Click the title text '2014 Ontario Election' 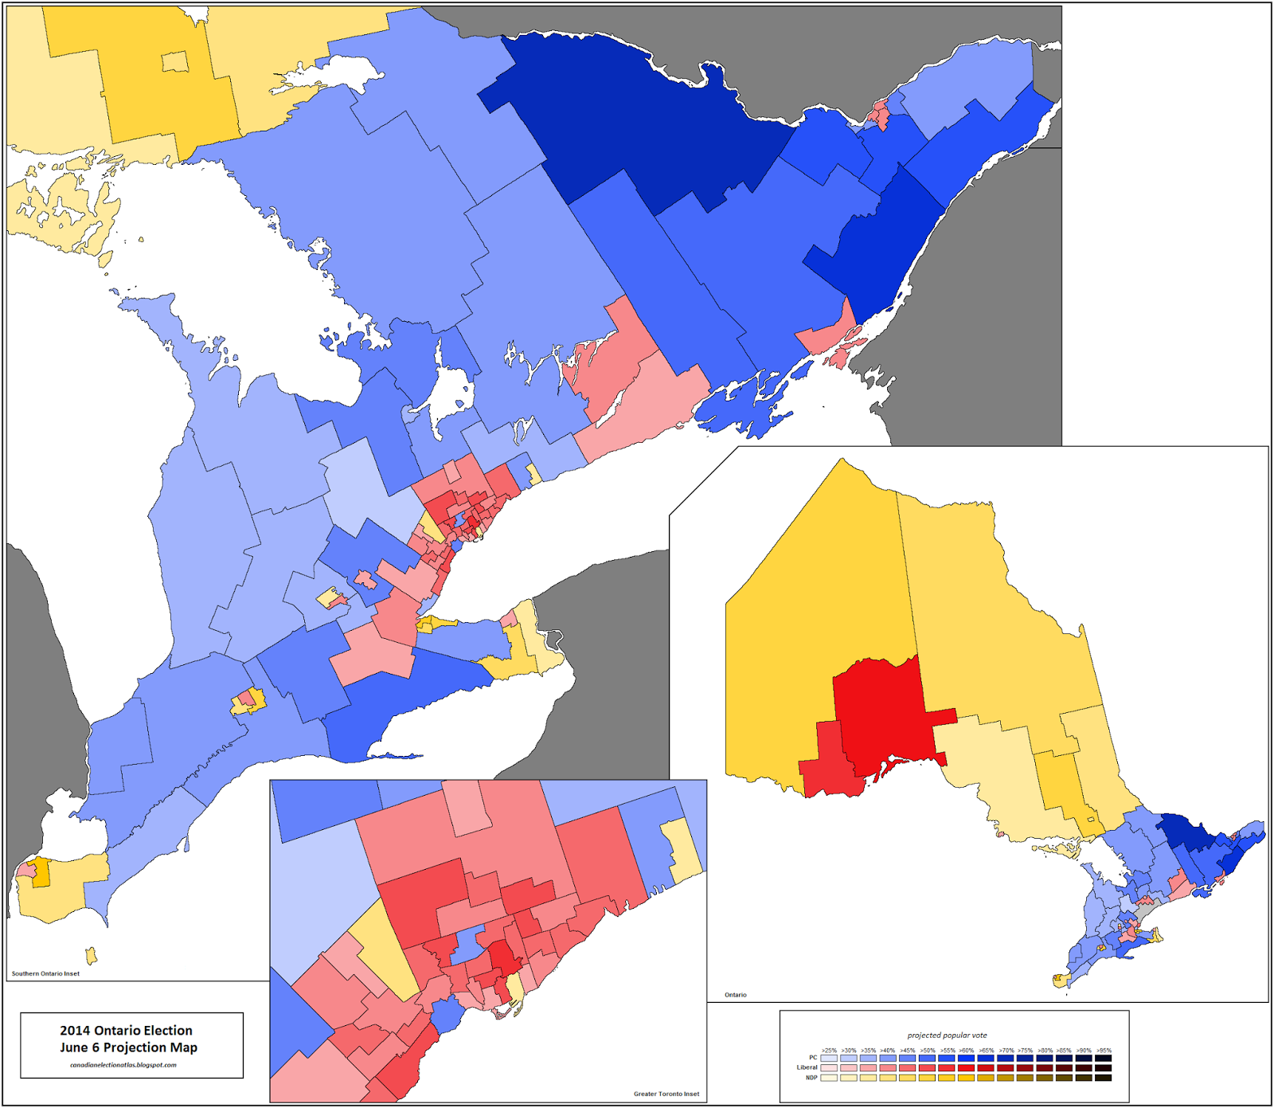point(126,1030)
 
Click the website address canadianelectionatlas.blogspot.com point(123,1065)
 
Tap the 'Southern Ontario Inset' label point(45,973)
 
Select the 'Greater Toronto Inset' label point(666,1094)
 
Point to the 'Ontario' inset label point(735,995)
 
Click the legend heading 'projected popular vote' point(947,1036)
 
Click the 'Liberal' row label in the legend point(807,1067)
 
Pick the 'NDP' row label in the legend point(811,1078)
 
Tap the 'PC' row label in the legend point(813,1057)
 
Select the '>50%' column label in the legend point(927,1051)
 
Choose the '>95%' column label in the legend point(1103,1051)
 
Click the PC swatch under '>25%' point(829,1058)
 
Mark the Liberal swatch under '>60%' point(966,1067)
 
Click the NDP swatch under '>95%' point(1103,1078)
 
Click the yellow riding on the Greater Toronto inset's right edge point(682,851)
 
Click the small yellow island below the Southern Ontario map point(92,955)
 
